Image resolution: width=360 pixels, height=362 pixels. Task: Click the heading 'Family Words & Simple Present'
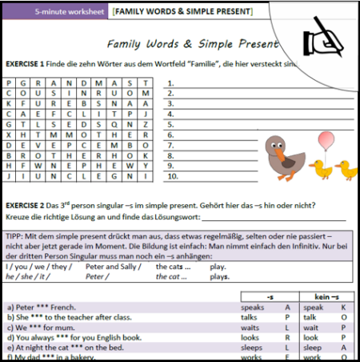198,46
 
